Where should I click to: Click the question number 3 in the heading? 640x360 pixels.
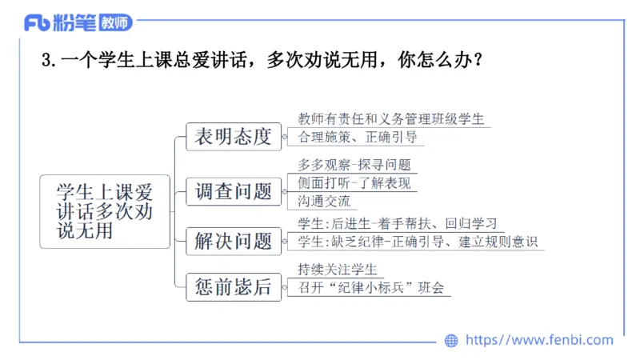point(45,61)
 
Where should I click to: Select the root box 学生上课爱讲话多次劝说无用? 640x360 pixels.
point(104,211)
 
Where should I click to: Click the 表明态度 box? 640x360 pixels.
point(233,137)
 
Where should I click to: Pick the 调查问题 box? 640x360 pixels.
point(233,192)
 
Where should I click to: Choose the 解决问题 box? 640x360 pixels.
point(233,241)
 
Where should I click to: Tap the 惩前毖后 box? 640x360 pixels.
point(233,286)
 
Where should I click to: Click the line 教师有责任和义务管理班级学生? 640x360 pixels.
point(390,119)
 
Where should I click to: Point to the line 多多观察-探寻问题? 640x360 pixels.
point(354,166)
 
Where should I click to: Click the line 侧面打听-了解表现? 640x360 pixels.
point(354,183)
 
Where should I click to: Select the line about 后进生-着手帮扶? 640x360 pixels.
point(398,222)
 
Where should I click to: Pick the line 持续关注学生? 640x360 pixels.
point(336,269)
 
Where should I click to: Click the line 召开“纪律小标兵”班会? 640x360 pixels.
point(370,287)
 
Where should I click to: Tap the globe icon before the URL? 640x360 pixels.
point(451,341)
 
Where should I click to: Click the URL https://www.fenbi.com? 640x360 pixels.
point(539,341)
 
